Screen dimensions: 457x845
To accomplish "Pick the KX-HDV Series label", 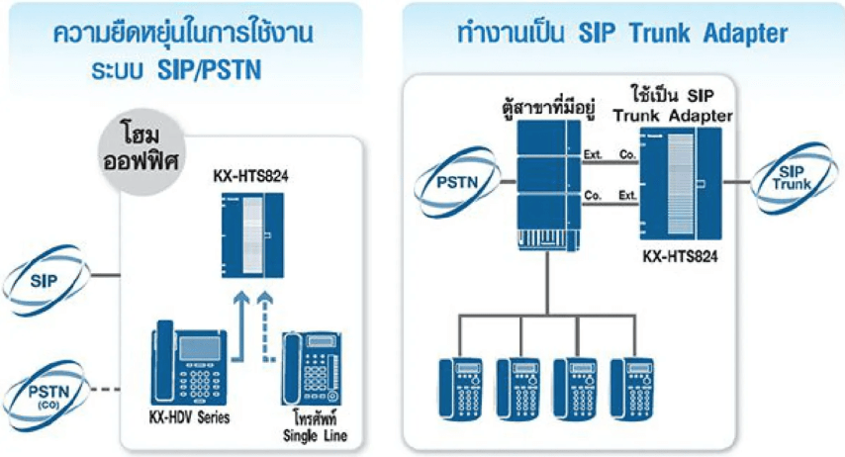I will click(x=190, y=417).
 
